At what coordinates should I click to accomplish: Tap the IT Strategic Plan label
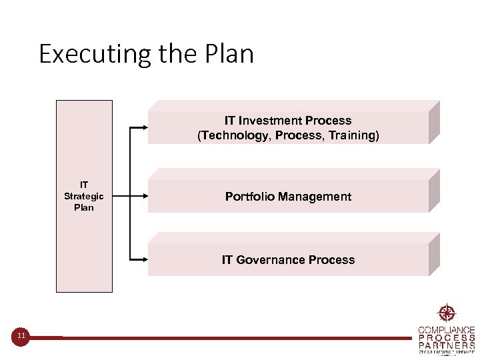[x=84, y=196]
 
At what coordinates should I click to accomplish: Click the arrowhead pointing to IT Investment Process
[x=143, y=127]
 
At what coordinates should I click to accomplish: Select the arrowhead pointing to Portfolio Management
[x=143, y=196]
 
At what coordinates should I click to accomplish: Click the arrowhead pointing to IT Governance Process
[x=143, y=259]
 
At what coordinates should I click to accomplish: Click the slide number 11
[x=21, y=336]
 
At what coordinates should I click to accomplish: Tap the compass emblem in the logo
[x=446, y=313]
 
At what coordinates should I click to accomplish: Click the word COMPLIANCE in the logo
[x=446, y=330]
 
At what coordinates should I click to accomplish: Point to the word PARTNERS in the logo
[x=446, y=345]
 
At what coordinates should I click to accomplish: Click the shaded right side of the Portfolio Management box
[x=434, y=191]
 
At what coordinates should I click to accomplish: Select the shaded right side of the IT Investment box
[x=434, y=122]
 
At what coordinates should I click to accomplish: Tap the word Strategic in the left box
[x=84, y=196]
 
